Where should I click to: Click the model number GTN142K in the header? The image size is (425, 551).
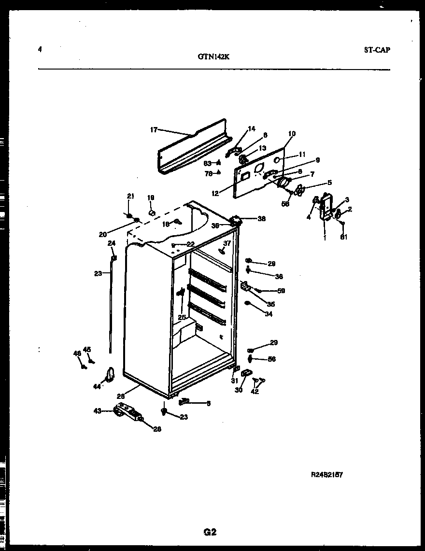tap(213, 56)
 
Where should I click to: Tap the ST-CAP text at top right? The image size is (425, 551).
tap(376, 50)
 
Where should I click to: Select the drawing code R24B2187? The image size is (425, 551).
tap(326, 475)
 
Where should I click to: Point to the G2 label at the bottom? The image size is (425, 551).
tap(210, 533)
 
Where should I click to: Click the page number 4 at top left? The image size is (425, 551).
tap(40, 49)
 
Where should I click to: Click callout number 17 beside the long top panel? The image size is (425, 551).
tap(154, 129)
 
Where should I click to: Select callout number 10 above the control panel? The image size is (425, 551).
tap(292, 134)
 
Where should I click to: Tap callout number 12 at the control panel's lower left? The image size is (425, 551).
tap(215, 194)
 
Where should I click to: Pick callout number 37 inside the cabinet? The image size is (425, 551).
tap(227, 243)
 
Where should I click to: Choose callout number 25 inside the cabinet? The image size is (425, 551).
tap(182, 317)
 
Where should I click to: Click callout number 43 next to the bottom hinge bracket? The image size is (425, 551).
tap(98, 411)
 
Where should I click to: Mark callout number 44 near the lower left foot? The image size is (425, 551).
tap(97, 386)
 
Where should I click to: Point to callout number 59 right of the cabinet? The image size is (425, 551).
tap(281, 291)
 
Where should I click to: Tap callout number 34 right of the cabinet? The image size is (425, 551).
tap(269, 314)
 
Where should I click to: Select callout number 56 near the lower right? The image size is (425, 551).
tap(272, 359)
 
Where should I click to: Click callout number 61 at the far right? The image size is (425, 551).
tap(343, 237)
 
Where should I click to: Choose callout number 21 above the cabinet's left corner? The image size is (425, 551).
tap(130, 196)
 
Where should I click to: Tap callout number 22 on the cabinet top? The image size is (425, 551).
tap(190, 244)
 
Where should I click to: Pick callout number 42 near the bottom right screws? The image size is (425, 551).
tap(255, 392)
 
